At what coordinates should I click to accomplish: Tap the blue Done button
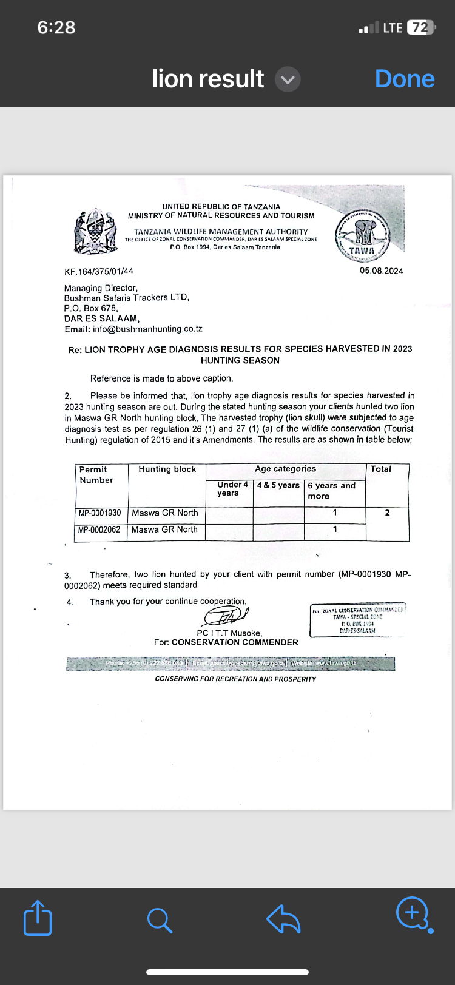tap(405, 79)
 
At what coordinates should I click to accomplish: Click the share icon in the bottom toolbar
tap(38, 918)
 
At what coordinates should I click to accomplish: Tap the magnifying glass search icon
tap(160, 919)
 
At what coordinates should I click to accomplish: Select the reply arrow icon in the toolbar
tap(283, 918)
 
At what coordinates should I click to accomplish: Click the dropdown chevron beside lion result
tap(288, 79)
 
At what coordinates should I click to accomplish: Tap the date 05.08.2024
tap(381, 271)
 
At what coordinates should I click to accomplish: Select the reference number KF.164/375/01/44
tap(99, 271)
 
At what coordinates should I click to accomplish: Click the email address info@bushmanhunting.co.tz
tap(147, 329)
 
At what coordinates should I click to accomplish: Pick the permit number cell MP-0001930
tap(100, 513)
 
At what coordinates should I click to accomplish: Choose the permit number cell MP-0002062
tap(99, 529)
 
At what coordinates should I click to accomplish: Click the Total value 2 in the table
tap(387, 513)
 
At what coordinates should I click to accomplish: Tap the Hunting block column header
tap(167, 469)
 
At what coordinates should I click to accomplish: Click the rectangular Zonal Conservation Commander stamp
tap(357, 620)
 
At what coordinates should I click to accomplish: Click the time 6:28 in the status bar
tap(56, 27)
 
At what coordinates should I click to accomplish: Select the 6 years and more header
tap(331, 491)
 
